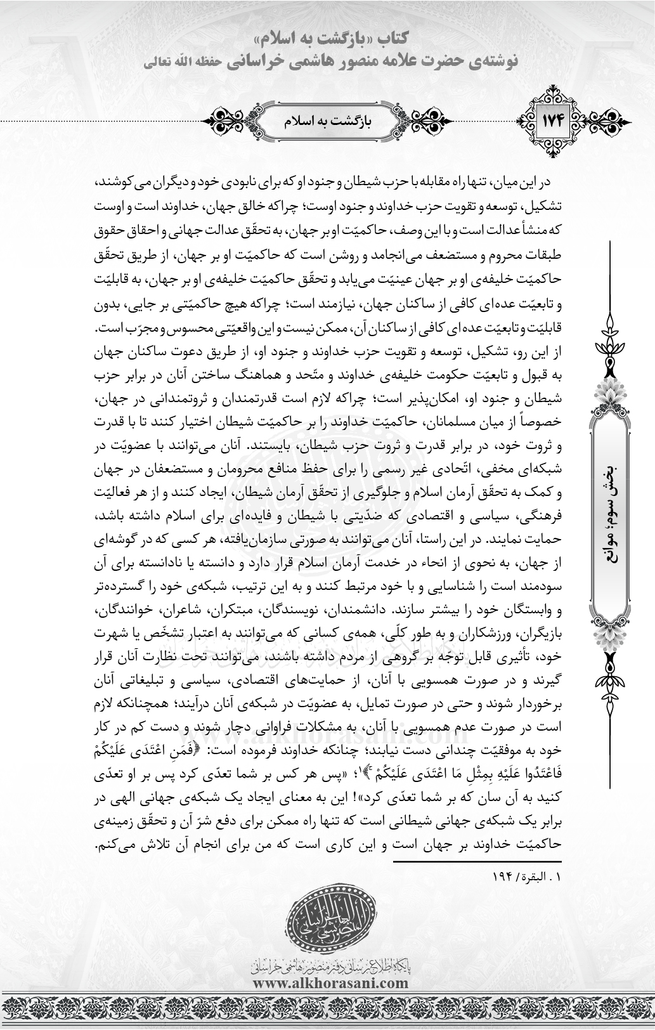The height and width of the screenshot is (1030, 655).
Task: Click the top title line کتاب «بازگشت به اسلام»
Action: (327, 41)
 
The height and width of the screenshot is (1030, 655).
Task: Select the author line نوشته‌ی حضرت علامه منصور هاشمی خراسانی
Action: (355, 61)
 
